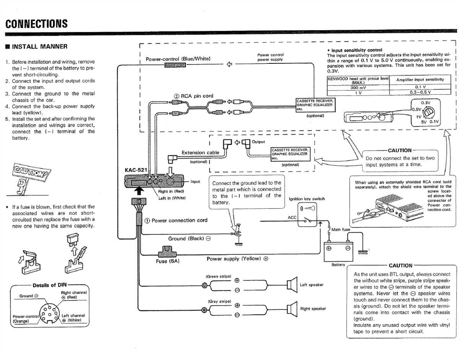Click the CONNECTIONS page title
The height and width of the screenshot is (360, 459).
(x=37, y=24)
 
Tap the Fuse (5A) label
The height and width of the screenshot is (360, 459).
(x=168, y=261)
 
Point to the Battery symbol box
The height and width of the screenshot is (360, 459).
(x=338, y=250)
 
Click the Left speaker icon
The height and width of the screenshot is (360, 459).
(x=293, y=285)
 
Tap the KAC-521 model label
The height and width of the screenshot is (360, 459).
(x=135, y=169)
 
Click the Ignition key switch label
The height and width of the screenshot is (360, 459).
(x=307, y=199)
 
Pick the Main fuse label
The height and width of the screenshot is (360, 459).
(x=340, y=230)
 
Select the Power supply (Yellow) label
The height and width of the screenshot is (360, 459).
(x=237, y=259)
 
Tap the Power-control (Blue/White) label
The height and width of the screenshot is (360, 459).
(x=178, y=59)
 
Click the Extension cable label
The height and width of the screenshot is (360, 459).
(x=200, y=152)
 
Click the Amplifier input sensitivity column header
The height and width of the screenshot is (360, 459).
(x=420, y=79)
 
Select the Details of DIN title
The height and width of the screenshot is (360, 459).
(x=49, y=285)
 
